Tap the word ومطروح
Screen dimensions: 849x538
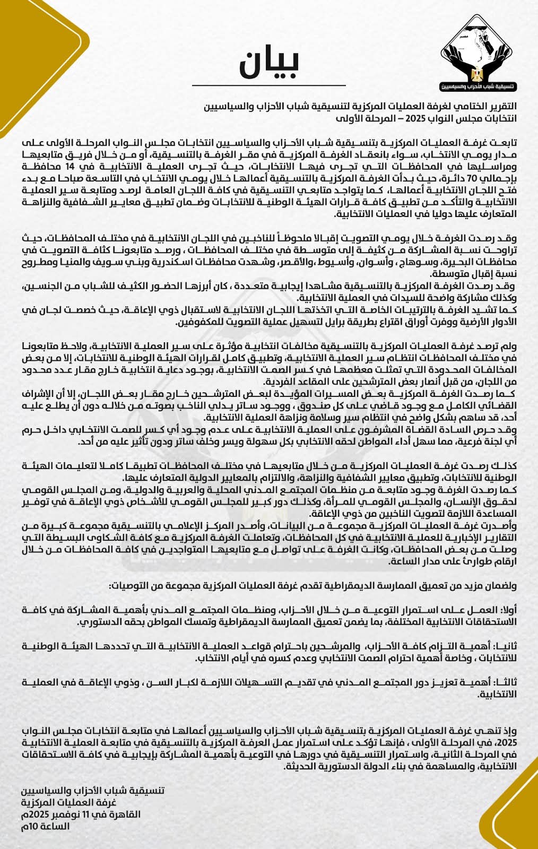coord(43,264)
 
